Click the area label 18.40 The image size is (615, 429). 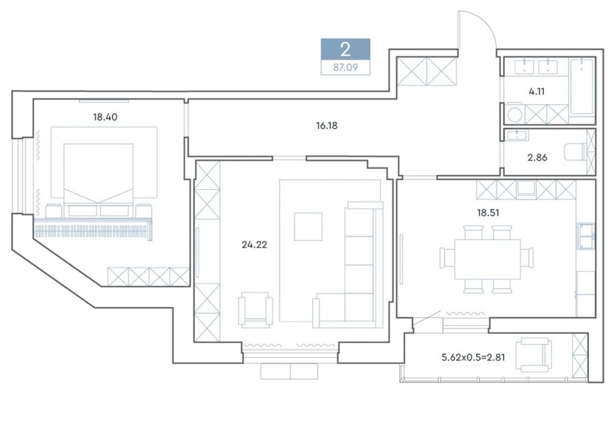(x=105, y=117)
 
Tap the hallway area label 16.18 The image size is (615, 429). (x=327, y=126)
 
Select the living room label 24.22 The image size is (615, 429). (x=254, y=245)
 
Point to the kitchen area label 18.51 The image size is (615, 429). (x=488, y=213)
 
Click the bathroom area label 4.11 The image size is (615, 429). (x=536, y=92)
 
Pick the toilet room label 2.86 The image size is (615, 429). (x=537, y=157)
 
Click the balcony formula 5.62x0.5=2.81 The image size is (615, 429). (x=473, y=357)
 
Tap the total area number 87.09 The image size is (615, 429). (x=346, y=68)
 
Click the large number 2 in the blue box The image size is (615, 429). (x=346, y=50)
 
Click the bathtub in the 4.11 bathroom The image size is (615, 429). (x=582, y=86)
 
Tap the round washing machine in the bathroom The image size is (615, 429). (x=514, y=115)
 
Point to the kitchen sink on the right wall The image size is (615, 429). (x=586, y=236)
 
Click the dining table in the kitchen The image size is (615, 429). (x=487, y=259)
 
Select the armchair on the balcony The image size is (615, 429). (x=533, y=354)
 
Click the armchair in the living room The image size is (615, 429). (x=256, y=310)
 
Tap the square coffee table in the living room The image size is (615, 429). (x=308, y=226)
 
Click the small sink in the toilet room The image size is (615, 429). (x=517, y=135)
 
